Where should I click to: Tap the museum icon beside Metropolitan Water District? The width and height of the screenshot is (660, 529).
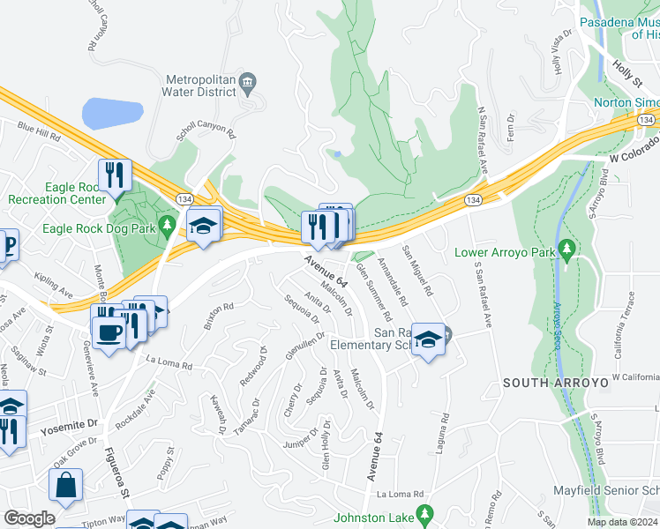point(248,83)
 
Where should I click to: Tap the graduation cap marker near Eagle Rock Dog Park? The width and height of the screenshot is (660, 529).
point(203,225)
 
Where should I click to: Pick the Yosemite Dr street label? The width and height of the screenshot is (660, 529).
point(65,430)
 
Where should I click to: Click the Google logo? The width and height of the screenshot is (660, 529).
point(29,518)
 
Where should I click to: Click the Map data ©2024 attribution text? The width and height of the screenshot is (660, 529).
point(623,522)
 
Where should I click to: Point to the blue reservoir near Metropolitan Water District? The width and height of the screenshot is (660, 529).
point(112,114)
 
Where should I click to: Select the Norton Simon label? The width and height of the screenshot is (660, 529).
point(625,101)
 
